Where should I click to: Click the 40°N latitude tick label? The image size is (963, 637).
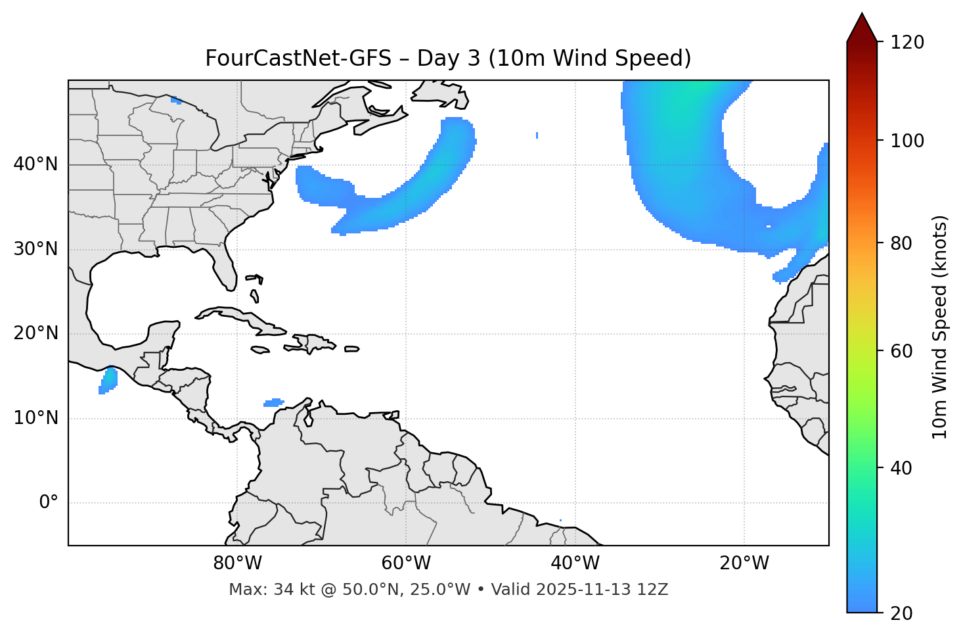point(35,164)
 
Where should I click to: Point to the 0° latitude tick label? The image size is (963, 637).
point(49,503)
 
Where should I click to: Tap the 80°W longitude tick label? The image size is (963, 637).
point(237,563)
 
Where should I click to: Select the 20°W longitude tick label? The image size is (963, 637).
point(744,563)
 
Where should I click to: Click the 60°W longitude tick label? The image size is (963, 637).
point(406,563)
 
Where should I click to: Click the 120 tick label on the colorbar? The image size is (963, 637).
point(907,43)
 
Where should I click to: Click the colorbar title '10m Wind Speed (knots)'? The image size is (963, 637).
point(940,327)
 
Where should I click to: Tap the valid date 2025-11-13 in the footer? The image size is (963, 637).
point(579,590)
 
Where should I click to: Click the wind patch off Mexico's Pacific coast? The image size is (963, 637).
point(108,380)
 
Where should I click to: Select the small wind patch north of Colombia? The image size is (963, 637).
point(274,402)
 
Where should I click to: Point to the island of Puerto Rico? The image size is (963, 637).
point(352,349)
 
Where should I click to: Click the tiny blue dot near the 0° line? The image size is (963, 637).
point(560,521)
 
